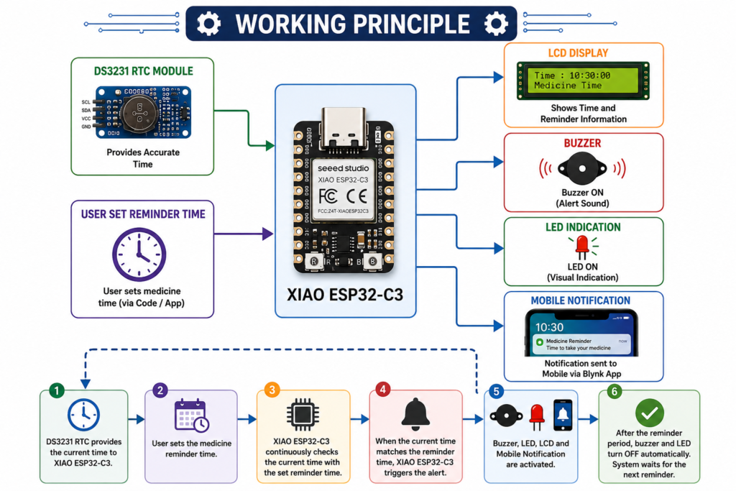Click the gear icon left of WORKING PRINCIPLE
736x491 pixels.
pos(208,24)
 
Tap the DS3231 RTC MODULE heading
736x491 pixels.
pos(143,71)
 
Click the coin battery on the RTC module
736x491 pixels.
pos(139,113)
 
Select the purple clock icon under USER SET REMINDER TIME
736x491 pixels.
pos(139,254)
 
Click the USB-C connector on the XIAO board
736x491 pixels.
pos(343,129)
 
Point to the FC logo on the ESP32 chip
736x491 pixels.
pos(328,196)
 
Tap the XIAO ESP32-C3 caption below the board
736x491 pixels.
pos(345,295)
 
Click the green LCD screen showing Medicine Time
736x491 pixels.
pos(582,81)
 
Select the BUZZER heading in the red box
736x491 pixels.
pos(582,143)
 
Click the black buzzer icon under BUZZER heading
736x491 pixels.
pos(582,168)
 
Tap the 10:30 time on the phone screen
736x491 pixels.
pos(549,327)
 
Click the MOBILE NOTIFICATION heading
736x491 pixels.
pos(581,300)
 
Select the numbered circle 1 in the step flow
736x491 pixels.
pos(57,390)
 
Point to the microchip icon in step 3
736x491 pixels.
pos(303,415)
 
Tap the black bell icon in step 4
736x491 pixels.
pos(415,415)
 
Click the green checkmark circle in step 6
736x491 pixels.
pos(650,413)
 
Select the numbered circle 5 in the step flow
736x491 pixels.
pos(496,392)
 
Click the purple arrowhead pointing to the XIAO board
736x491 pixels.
pos(267,234)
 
